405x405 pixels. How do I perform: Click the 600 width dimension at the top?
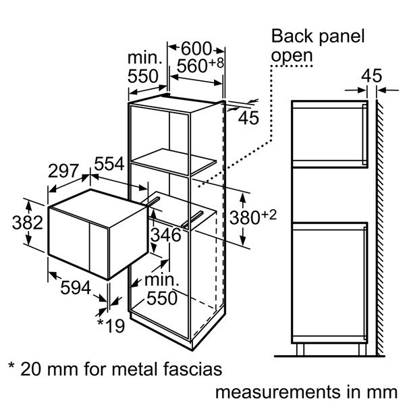pos(196,49)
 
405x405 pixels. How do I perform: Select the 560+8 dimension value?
pos(200,65)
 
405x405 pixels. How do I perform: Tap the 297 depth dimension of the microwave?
pos(63,171)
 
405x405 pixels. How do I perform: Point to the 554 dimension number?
pos(109,163)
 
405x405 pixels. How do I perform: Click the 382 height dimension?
pos(28,223)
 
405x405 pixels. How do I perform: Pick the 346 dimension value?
pos(166,235)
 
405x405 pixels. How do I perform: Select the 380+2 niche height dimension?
pos(253,217)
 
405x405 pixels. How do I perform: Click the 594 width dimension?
pos(76,288)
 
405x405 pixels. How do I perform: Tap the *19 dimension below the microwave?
pos(111,326)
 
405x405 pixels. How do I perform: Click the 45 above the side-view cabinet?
pos(371,76)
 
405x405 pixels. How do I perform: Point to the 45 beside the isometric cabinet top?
pos(248,118)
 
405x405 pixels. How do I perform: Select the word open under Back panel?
pos(292,56)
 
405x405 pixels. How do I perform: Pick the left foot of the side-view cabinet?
pos(300,350)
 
